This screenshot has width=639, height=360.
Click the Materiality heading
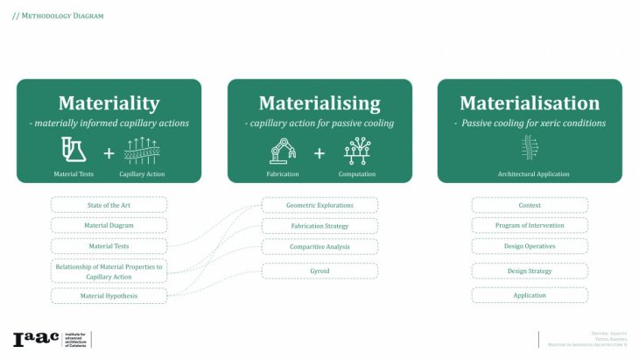109,103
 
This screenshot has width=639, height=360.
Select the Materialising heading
319,103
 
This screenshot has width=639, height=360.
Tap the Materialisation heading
530,103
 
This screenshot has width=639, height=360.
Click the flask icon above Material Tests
74,150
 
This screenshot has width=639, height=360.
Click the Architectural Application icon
529,147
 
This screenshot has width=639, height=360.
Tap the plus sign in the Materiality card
109,153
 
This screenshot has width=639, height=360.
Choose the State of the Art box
109,205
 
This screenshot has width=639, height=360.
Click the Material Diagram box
109,225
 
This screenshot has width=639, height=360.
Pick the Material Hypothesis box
109,296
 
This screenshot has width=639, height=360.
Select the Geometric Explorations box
319,205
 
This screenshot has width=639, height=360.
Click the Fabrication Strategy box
319,226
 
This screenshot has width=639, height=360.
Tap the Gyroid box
319,271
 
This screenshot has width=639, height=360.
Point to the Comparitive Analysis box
319,247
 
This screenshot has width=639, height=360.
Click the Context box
530,205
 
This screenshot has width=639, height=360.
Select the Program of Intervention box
530,225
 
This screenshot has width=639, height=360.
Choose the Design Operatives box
530,246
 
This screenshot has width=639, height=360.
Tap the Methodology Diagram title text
58,16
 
